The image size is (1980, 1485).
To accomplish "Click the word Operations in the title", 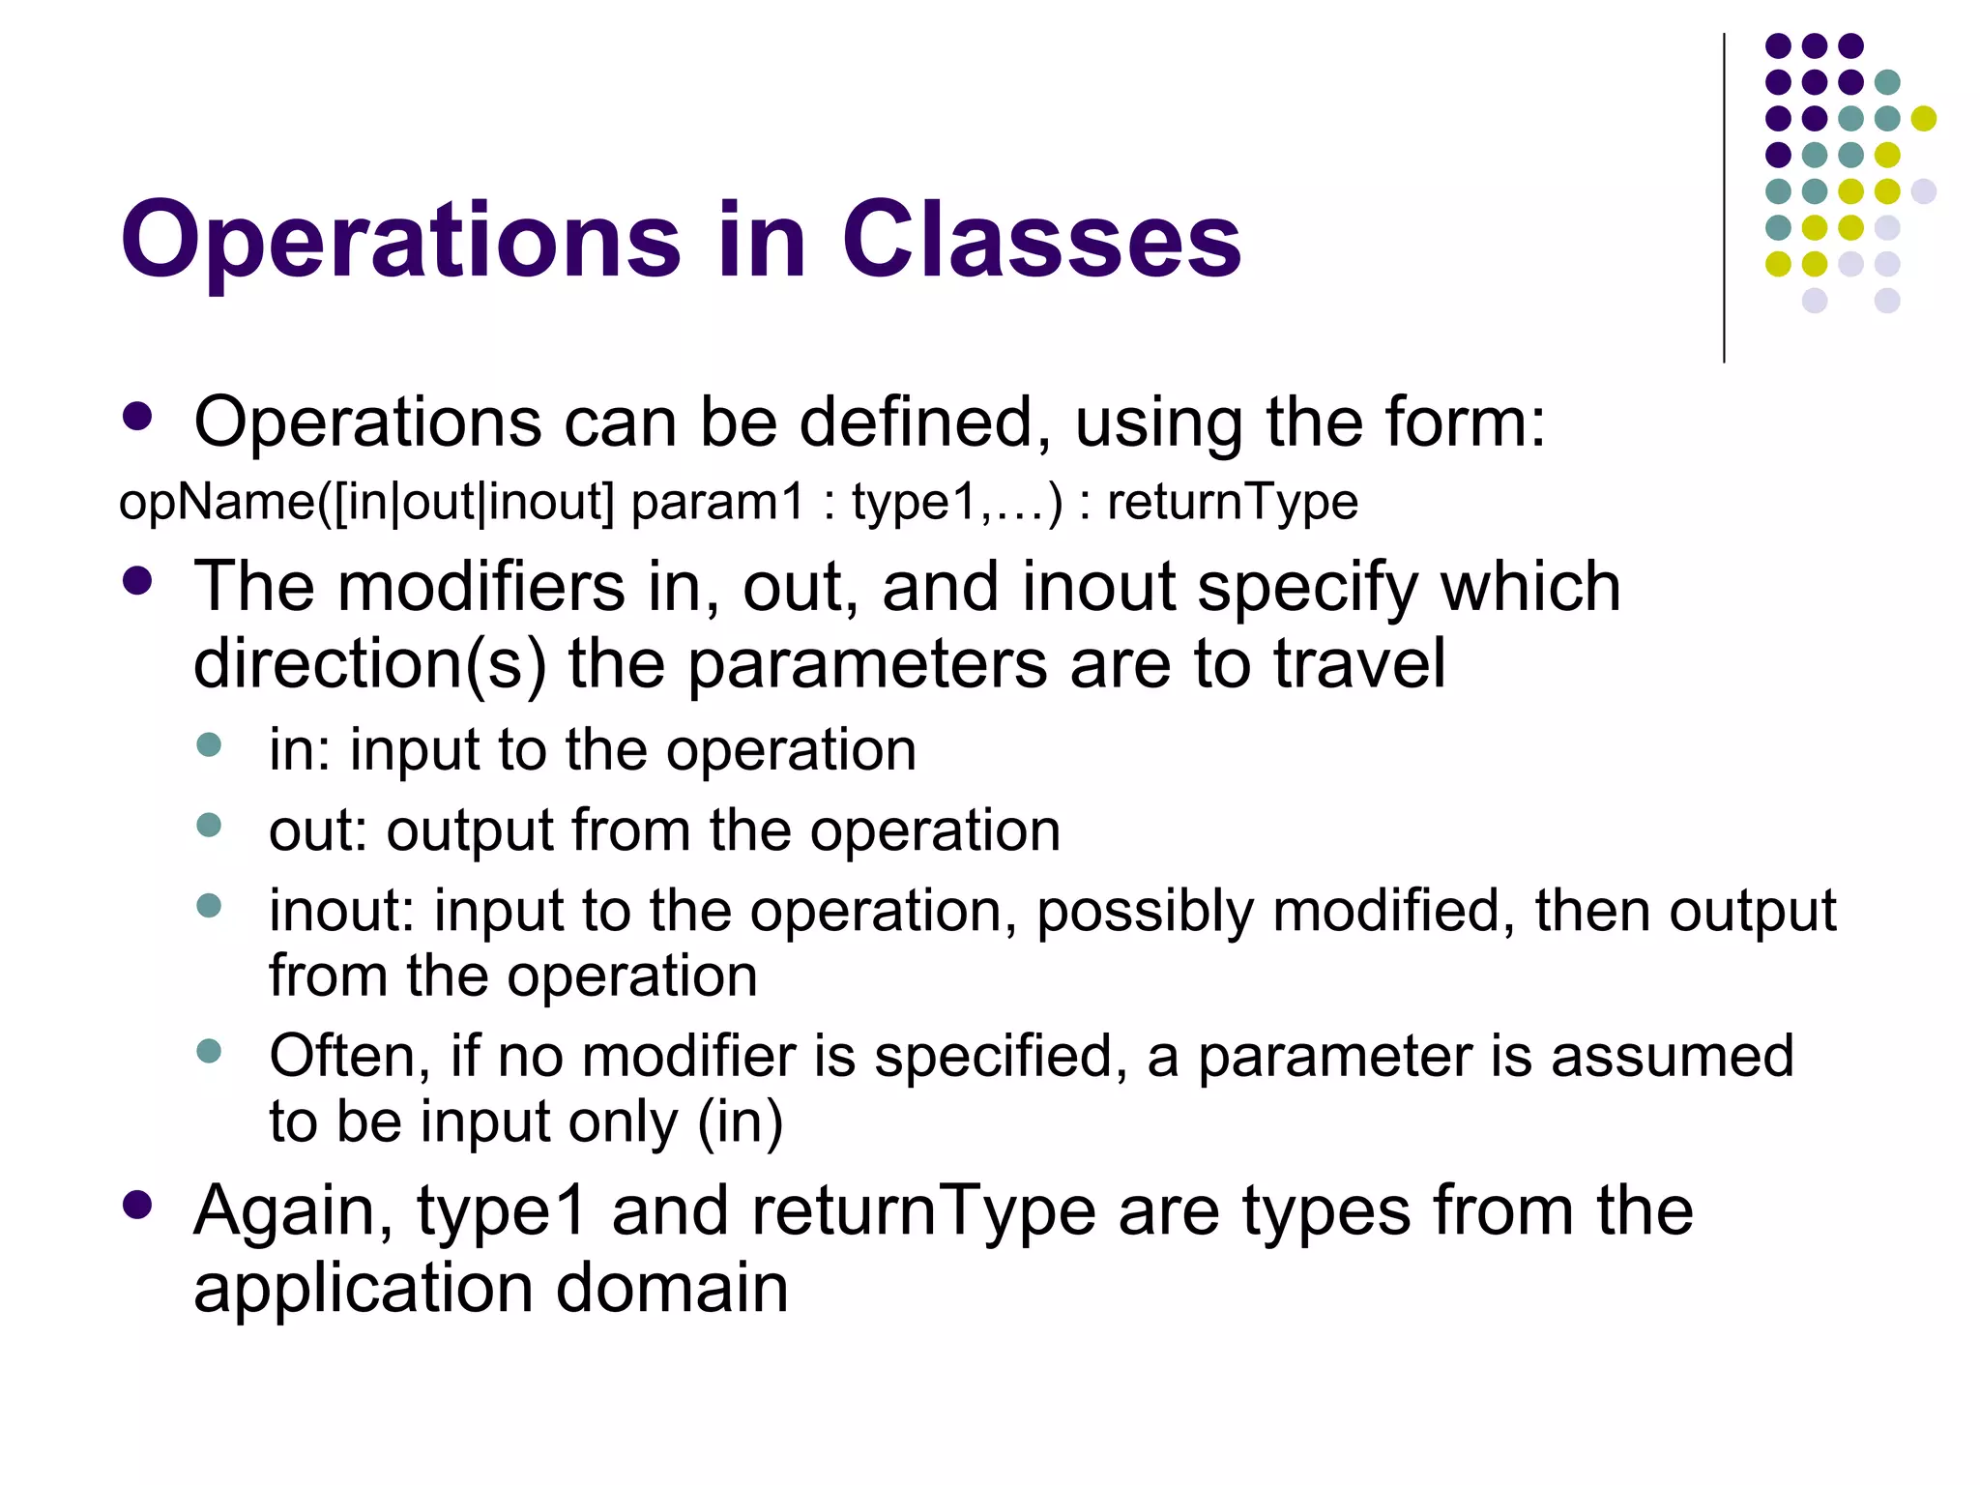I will pyautogui.click(x=400, y=242).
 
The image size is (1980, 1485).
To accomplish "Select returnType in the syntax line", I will pyautogui.click(x=1232, y=503).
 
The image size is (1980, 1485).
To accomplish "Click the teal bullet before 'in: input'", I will pyautogui.click(x=209, y=744).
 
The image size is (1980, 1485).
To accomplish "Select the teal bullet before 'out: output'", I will pyautogui.click(x=209, y=825).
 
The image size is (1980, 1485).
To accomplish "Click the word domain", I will pyautogui.click(x=672, y=1288).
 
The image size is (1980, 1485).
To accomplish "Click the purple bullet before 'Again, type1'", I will pyautogui.click(x=138, y=1205).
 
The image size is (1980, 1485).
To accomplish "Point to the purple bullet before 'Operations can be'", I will pyautogui.click(x=138, y=417).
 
